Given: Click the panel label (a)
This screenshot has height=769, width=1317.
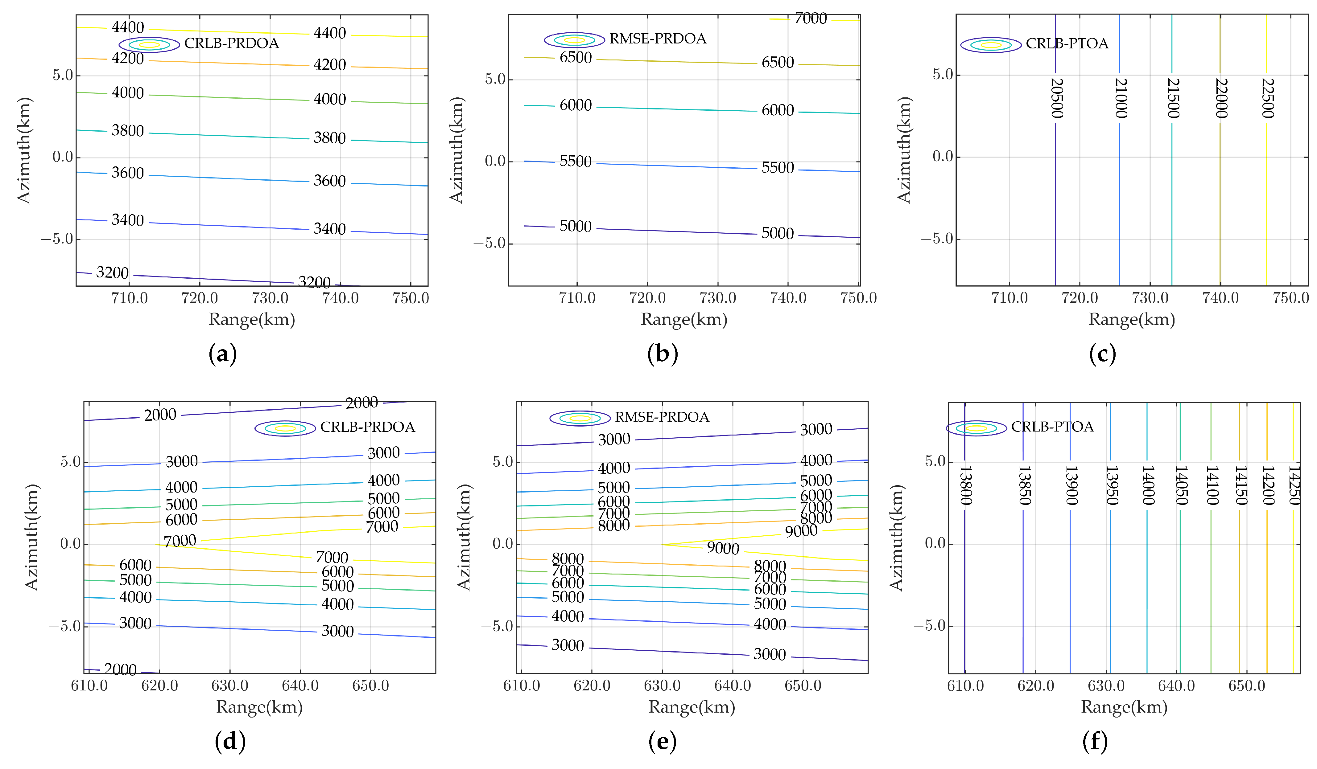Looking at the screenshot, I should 223,354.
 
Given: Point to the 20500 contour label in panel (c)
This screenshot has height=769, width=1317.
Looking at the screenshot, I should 1056,98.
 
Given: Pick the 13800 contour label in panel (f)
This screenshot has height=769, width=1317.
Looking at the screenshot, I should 966,485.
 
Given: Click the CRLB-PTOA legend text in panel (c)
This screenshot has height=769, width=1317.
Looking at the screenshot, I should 1067,43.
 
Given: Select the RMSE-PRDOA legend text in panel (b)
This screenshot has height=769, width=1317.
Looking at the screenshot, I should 658,39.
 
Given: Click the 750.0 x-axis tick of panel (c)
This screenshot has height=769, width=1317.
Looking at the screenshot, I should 1290,298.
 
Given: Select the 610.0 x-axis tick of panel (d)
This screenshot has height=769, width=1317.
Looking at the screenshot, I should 89,685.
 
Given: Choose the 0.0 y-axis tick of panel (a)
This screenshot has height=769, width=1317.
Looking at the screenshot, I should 63,157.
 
